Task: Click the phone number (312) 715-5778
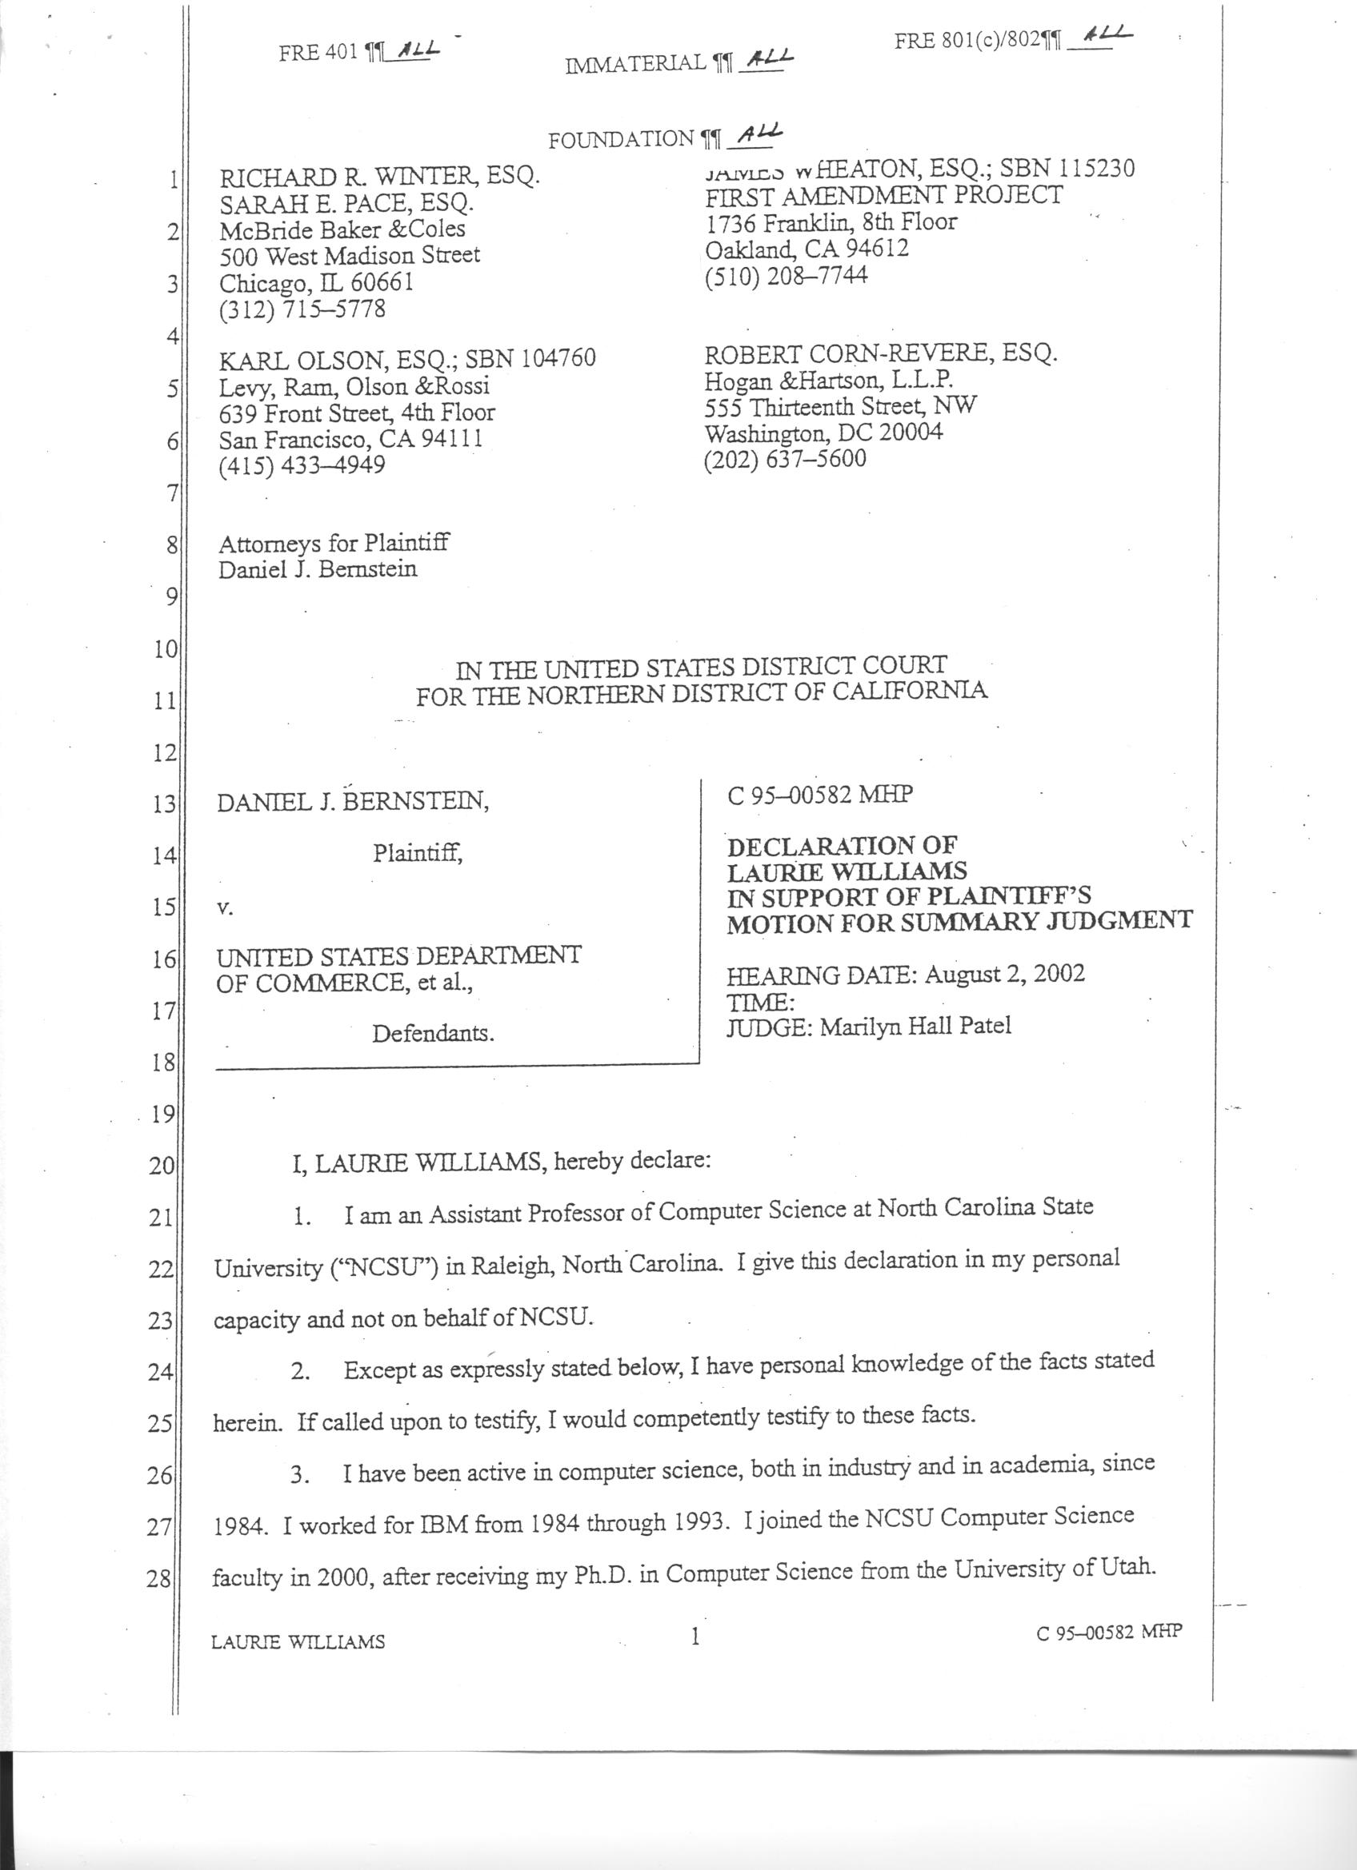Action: point(302,309)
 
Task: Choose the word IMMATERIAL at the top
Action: point(636,63)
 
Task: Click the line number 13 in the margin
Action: point(163,804)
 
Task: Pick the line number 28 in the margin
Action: point(159,1580)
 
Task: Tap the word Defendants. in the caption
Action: point(433,1033)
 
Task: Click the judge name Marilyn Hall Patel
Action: point(915,1027)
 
